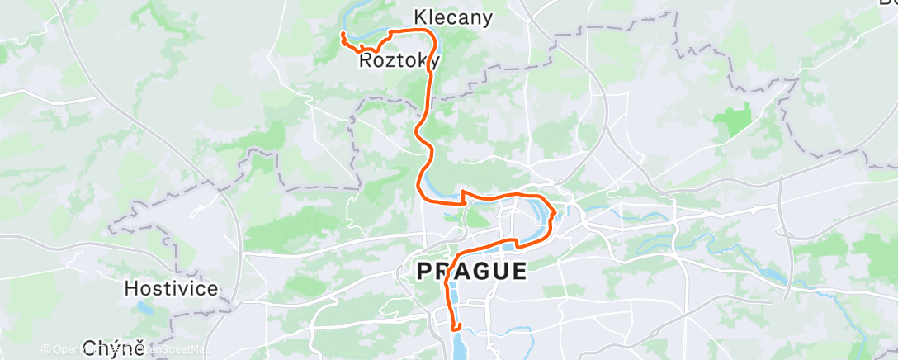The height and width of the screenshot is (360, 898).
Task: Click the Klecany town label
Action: click(453, 17)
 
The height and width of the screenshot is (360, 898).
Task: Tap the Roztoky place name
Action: click(399, 61)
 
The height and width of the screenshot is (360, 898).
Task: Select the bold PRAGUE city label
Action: click(471, 271)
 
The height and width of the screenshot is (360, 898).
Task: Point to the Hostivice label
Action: click(172, 289)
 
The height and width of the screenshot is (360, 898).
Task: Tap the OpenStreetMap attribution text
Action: click(157, 350)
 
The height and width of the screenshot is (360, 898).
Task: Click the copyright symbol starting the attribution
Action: click(46, 350)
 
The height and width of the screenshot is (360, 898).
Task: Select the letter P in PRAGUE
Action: click(424, 271)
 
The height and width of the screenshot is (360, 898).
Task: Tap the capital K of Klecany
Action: click(420, 17)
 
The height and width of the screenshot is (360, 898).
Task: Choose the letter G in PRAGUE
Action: click(482, 271)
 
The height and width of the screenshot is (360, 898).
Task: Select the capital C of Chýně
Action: click(90, 348)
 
